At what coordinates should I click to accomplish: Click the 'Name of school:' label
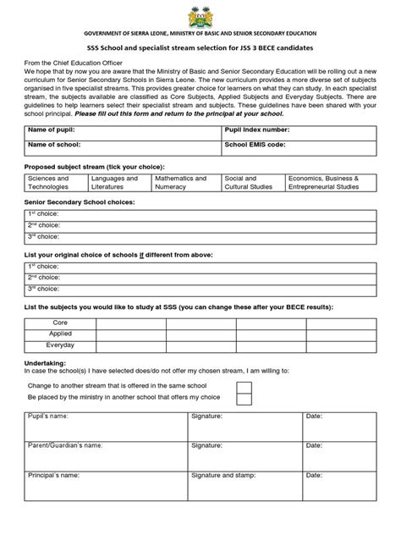click(54, 146)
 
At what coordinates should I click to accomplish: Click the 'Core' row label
click(60, 323)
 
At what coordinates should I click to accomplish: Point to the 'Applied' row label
click(60, 334)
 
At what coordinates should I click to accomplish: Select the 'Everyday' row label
click(60, 345)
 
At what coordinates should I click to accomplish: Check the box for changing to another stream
click(244, 387)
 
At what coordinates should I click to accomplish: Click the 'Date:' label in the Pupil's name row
click(314, 416)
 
